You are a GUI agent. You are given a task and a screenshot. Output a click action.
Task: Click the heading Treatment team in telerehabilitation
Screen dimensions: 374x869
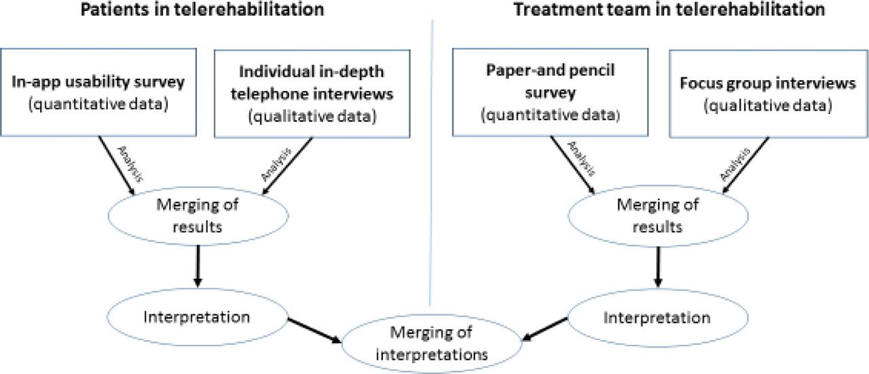pos(669,10)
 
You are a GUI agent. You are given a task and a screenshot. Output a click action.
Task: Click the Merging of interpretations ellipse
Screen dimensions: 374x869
pos(420,343)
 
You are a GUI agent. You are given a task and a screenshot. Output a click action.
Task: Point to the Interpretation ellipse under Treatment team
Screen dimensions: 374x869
pos(657,317)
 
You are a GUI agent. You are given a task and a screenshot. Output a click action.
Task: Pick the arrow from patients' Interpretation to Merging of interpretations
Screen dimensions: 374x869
pos(313,329)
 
